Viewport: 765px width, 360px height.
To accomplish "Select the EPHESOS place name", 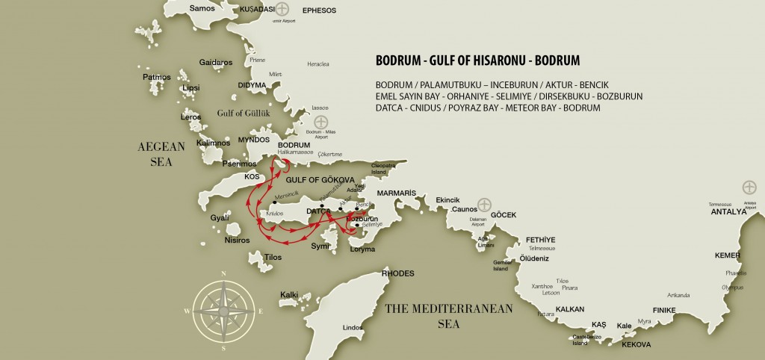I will click(x=319, y=10).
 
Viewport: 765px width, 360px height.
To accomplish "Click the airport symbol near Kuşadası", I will click(x=282, y=10).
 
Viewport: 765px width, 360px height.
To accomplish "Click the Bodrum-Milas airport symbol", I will click(x=320, y=122).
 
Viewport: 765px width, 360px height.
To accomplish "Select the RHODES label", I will click(x=397, y=274).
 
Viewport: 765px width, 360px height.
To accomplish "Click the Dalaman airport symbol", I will click(x=484, y=204).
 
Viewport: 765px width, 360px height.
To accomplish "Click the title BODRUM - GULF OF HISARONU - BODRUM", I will click(x=478, y=58).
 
